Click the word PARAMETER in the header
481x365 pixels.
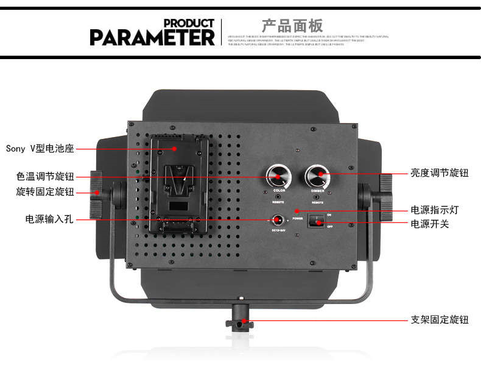coord(152,37)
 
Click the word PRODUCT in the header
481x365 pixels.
coord(189,23)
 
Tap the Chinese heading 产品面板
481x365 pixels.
coord(292,26)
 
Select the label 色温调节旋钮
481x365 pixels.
coord(45,177)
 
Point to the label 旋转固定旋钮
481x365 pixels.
coord(45,192)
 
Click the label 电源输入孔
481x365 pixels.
coord(49,219)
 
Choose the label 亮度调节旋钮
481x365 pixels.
coord(439,173)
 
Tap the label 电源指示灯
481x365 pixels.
coord(434,210)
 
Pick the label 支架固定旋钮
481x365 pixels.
coord(439,319)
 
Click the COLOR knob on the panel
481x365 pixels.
coord(279,177)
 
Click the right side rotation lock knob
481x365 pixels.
coord(385,191)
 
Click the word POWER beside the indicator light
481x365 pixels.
coord(297,218)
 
